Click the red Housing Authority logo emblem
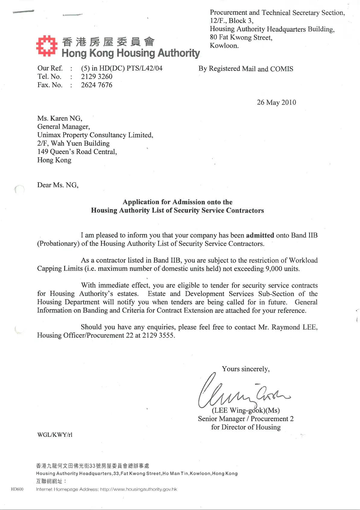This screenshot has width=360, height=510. (x=47, y=46)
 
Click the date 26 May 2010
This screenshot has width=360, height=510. (x=276, y=102)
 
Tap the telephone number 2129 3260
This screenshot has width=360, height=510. (x=96, y=77)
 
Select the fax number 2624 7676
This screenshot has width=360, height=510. (x=96, y=85)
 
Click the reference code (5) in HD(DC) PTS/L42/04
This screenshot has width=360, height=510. (x=122, y=68)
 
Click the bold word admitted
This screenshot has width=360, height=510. (x=260, y=235)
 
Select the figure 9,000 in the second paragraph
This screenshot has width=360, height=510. (x=274, y=269)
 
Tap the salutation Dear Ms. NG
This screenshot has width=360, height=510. (x=58, y=185)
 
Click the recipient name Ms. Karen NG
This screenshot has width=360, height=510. (x=60, y=118)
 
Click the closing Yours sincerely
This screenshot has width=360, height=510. (x=246, y=369)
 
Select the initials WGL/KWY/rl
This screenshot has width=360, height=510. (x=55, y=435)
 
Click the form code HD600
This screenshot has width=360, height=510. (x=17, y=489)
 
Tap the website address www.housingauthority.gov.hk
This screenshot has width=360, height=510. (x=139, y=489)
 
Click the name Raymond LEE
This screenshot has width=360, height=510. (x=294, y=327)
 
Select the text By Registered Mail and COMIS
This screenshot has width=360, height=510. (x=246, y=69)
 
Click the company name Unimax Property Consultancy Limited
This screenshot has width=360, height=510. (x=95, y=135)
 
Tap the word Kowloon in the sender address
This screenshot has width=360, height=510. (x=224, y=46)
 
